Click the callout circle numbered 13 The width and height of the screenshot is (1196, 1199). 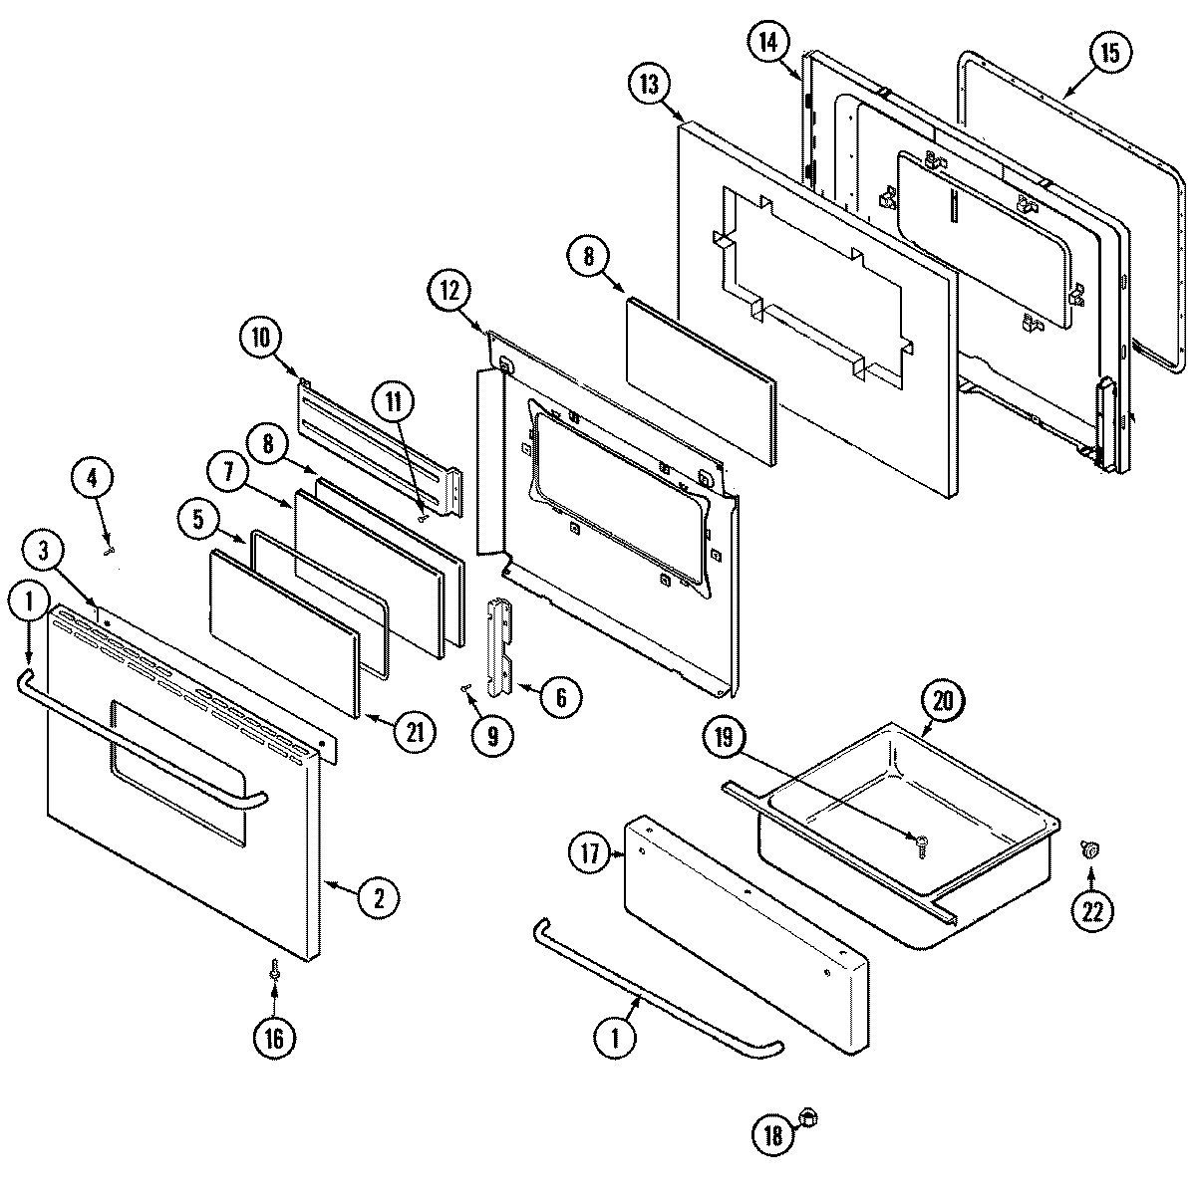point(650,85)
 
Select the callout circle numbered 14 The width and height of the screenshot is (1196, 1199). point(768,42)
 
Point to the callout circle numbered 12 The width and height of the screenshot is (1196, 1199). point(449,292)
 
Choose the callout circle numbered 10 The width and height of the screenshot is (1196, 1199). point(260,337)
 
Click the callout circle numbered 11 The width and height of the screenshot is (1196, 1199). point(393,402)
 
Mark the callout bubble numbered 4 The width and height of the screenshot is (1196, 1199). point(92,478)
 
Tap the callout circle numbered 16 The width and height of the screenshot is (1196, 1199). point(273,1039)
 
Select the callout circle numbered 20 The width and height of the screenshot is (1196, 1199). point(943,701)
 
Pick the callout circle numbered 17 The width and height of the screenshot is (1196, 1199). point(589,854)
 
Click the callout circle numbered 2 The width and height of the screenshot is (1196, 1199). point(379,898)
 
